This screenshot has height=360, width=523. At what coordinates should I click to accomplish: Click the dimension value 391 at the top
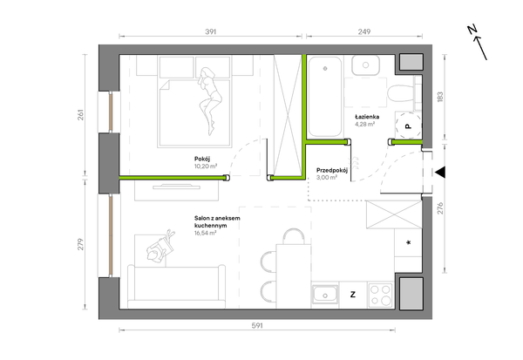pyautogui.click(x=210, y=31)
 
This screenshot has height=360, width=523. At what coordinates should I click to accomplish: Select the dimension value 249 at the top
pyautogui.click(x=364, y=31)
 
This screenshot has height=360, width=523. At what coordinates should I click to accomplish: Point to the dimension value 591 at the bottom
pyautogui.click(x=257, y=325)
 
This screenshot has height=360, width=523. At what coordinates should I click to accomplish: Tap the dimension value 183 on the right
pyautogui.click(x=440, y=97)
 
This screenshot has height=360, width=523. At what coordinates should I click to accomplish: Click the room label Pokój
pyautogui.click(x=202, y=159)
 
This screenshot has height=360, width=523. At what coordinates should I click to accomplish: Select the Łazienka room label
pyautogui.click(x=367, y=117)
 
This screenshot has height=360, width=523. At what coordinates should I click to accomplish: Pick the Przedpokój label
pyautogui.click(x=332, y=170)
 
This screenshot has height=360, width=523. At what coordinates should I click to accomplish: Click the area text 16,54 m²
pyautogui.click(x=206, y=233)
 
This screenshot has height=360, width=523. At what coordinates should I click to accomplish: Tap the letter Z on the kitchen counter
pyautogui.click(x=353, y=295)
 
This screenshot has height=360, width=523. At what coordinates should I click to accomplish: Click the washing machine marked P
pyautogui.click(x=408, y=126)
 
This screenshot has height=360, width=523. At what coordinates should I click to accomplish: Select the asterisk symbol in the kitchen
pyautogui.click(x=408, y=242)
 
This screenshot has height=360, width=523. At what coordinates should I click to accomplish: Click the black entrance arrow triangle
pyautogui.click(x=440, y=173)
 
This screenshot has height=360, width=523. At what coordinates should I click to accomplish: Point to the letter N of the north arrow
pyautogui.click(x=472, y=30)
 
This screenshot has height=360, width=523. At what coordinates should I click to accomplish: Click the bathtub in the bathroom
pyautogui.click(x=324, y=97)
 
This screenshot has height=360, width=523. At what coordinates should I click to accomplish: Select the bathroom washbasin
pyautogui.click(x=365, y=65)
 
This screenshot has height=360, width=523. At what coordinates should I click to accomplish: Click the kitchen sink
pyautogui.click(x=324, y=295)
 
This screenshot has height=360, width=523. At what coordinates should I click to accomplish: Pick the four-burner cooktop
pyautogui.click(x=381, y=295)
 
